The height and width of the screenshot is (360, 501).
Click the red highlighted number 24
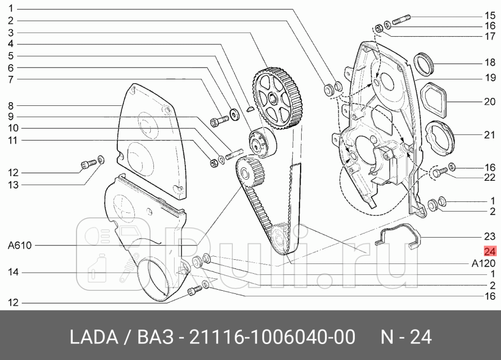pyautogui.click(x=490, y=252)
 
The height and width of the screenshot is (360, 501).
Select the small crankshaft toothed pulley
pyautogui.click(x=249, y=173)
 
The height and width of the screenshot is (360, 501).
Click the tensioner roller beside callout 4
pyautogui.click(x=261, y=143)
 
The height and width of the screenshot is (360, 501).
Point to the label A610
pyautogui.click(x=20, y=246)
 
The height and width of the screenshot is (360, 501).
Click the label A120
pyautogui.click(x=484, y=263)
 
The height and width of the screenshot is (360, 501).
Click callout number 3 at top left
pyautogui.click(x=10, y=33)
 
